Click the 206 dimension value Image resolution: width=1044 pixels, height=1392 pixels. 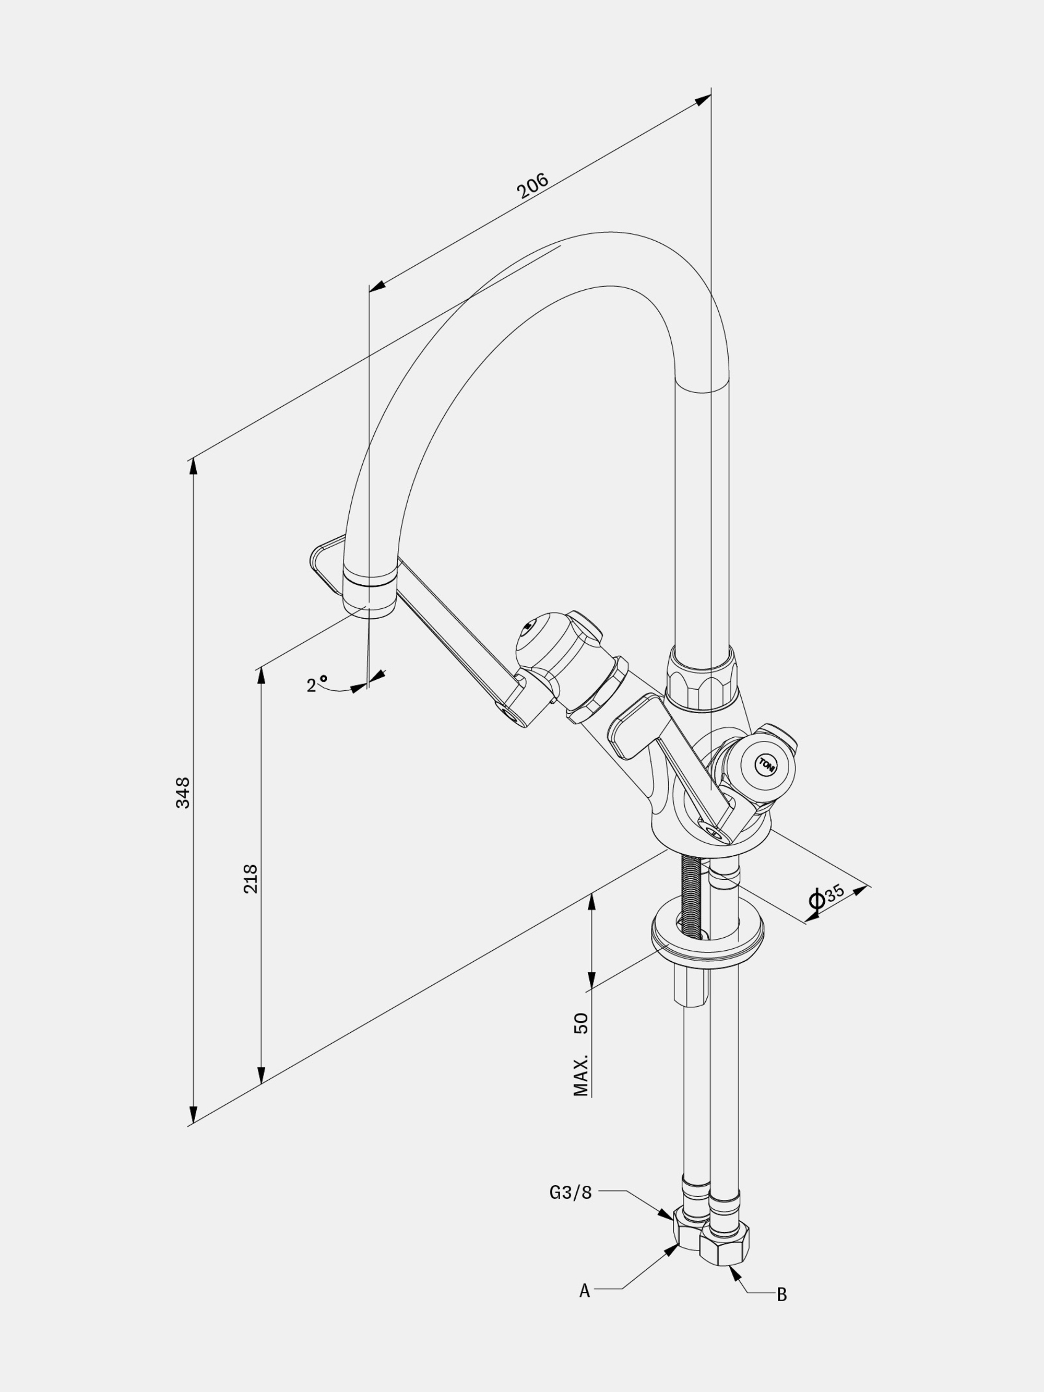(532, 186)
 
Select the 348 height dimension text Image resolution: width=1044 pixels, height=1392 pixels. (183, 793)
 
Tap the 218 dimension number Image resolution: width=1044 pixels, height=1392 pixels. (251, 879)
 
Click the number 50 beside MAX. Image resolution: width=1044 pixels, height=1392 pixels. (582, 1023)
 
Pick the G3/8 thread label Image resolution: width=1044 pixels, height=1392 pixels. (571, 1193)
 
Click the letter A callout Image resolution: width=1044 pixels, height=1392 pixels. (585, 1291)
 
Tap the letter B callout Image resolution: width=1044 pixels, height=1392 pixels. (781, 1295)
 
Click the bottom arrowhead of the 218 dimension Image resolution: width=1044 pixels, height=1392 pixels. (261, 1075)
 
